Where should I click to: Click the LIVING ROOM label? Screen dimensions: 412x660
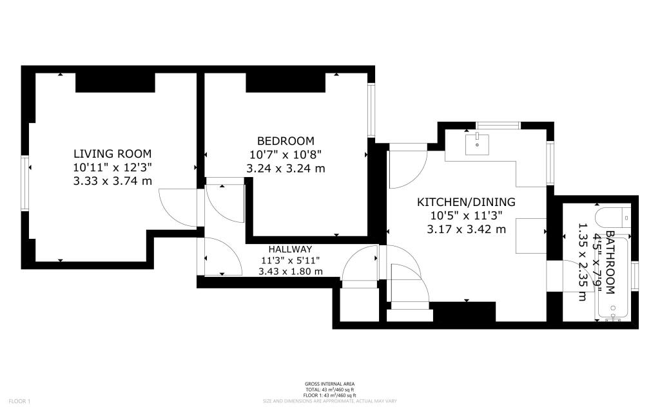(112, 154)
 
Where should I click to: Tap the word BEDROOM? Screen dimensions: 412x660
(286, 141)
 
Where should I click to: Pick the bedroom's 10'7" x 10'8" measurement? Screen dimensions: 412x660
(286, 154)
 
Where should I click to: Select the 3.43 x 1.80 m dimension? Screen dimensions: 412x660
(290, 271)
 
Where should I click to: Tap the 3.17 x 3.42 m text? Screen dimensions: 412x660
(466, 229)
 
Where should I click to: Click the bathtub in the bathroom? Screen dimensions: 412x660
(613, 280)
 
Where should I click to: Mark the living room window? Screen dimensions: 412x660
(26, 184)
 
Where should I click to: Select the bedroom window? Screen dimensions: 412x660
(371, 110)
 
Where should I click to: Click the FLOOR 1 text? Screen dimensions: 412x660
(20, 401)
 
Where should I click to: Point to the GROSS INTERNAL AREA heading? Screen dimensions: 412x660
(329, 384)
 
